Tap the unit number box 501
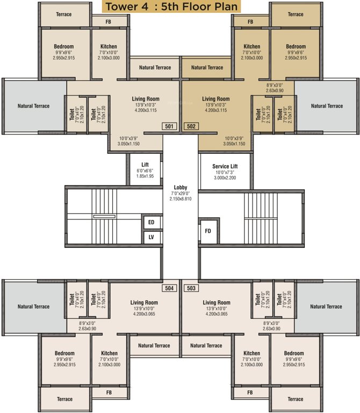coord(169,126)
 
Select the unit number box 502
coord(191,126)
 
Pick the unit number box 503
coord(191,288)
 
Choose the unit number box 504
coord(169,288)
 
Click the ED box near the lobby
coord(151,223)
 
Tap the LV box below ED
coord(151,237)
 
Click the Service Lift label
coord(225,167)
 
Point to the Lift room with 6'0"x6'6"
coord(145,170)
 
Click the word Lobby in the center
coord(180,187)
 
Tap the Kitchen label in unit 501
coord(109,47)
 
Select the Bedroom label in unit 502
coord(296,47)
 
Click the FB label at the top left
coord(109,22)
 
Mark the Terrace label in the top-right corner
coord(295,15)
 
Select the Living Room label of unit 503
coord(216,303)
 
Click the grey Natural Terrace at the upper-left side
coord(33,106)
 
